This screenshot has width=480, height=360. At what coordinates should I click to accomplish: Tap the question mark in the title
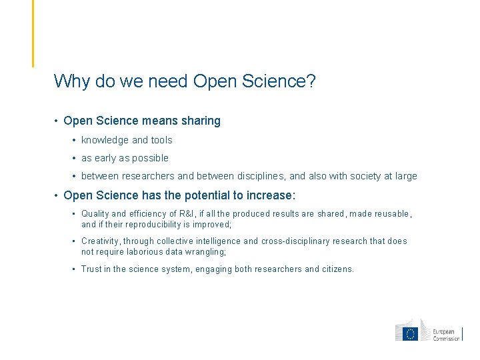(311, 81)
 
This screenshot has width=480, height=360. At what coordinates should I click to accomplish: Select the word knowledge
(105, 140)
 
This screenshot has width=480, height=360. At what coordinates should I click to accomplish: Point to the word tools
(161, 140)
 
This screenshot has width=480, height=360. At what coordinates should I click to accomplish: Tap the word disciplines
(261, 176)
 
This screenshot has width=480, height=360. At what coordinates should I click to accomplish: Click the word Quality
(95, 214)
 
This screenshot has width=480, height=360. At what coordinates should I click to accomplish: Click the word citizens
(337, 269)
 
